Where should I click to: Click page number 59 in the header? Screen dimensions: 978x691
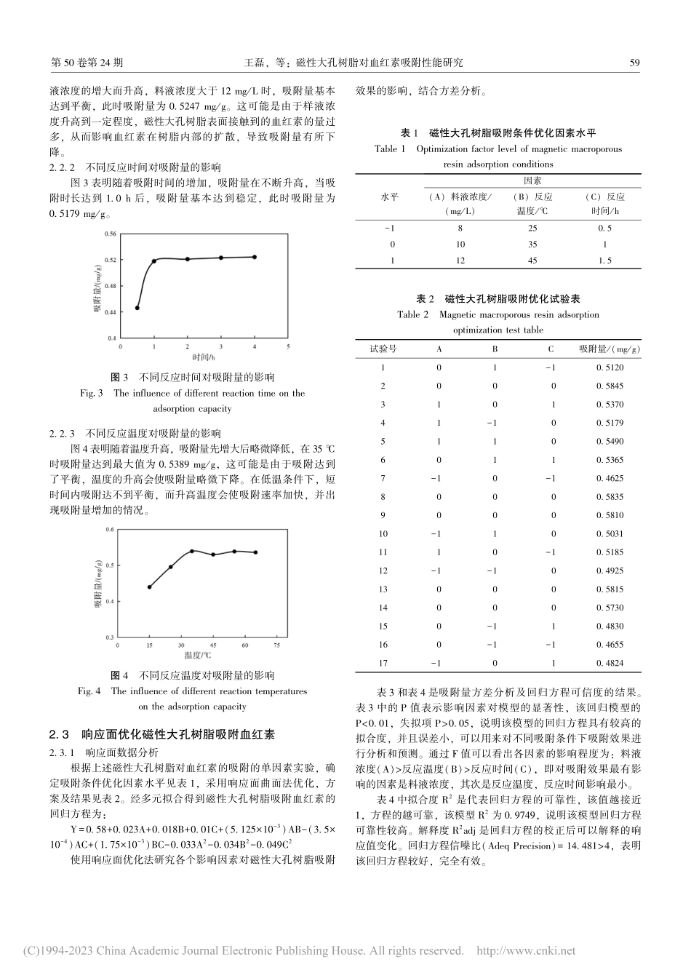click(634, 63)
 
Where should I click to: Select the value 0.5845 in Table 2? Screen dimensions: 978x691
click(610, 386)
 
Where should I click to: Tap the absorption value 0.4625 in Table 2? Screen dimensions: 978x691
click(610, 478)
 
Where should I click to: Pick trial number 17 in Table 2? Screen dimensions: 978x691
click(383, 663)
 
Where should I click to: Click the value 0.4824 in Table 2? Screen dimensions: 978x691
click(610, 663)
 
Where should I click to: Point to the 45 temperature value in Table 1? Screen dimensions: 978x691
click(532, 261)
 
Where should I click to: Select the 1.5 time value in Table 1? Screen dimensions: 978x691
click(604, 261)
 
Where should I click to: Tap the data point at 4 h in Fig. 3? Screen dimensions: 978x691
click(255, 257)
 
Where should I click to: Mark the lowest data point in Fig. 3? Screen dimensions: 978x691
click(137, 308)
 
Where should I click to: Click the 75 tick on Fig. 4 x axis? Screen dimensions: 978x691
click(277, 645)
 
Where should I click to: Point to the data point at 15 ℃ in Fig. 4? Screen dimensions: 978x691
click(149, 587)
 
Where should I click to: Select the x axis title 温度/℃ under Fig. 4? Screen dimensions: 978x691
click(203, 656)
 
